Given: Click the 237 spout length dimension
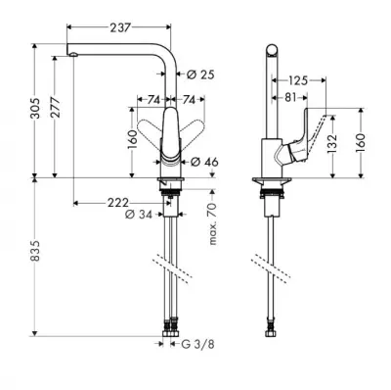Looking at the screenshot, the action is pos(120,27).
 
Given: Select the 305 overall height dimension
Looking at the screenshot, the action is pos(35,108).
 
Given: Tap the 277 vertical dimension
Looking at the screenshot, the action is pos(55,108).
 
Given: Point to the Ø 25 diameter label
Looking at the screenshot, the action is pos(200,74).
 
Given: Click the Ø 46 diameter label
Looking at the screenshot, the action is pos(204,162).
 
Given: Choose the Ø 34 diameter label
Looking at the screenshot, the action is pos(139,215).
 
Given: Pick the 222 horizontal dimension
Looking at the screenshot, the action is pos(118,203).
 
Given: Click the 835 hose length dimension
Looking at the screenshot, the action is pos(35,251).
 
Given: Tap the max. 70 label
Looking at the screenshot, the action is pos(212,223).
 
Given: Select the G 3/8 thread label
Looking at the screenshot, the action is pos(198,344).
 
